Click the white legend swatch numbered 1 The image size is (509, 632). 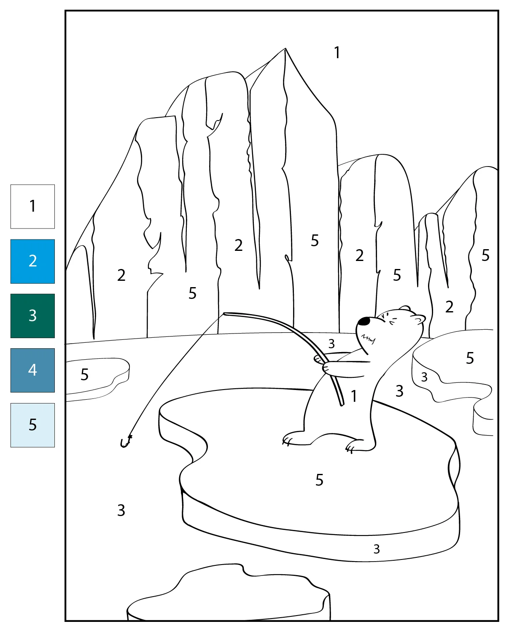tap(32, 207)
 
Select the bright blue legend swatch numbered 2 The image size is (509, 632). tap(32, 261)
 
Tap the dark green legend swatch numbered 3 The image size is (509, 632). tap(32, 316)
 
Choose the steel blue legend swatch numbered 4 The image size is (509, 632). tap(32, 370)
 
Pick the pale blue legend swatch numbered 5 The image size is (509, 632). tap(32, 425)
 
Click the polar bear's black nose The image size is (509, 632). tap(364, 321)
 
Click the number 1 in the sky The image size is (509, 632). tap(337, 53)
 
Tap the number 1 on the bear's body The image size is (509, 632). tap(354, 396)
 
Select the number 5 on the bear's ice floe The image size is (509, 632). tap(319, 480)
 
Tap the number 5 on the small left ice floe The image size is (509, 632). tap(85, 374)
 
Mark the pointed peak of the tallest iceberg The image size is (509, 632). tap(285, 48)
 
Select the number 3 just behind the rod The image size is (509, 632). tap(331, 343)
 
